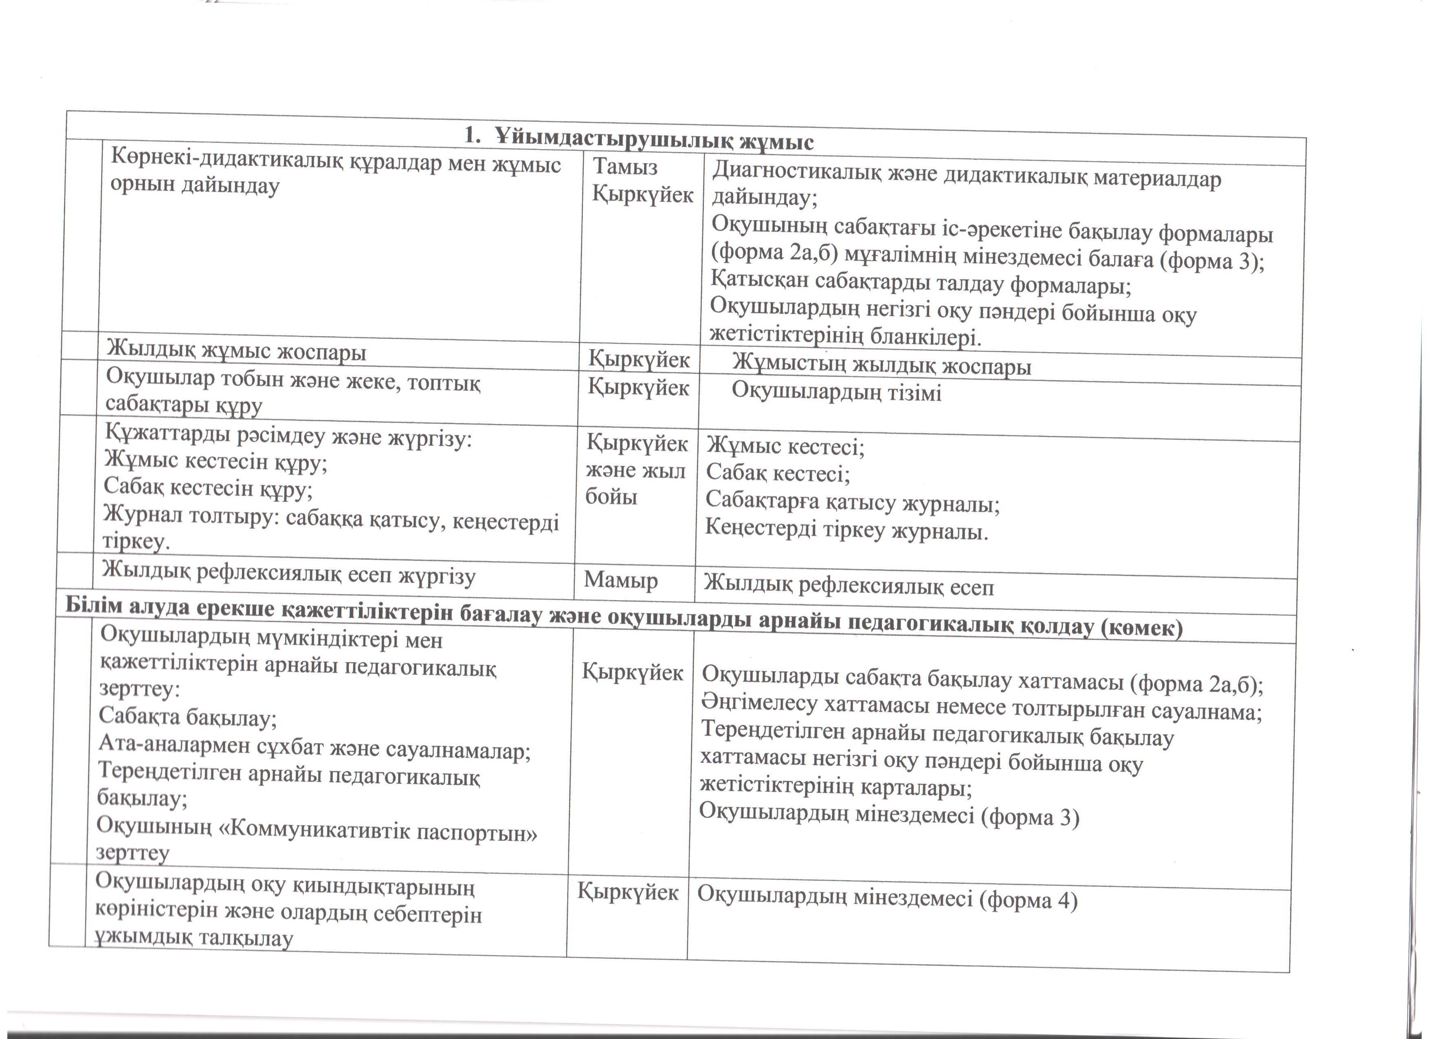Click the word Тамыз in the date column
click(x=625, y=167)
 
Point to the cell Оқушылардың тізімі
click(x=836, y=392)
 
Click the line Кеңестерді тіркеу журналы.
click(x=846, y=530)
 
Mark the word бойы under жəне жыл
click(x=611, y=497)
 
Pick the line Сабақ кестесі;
click(x=778, y=473)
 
